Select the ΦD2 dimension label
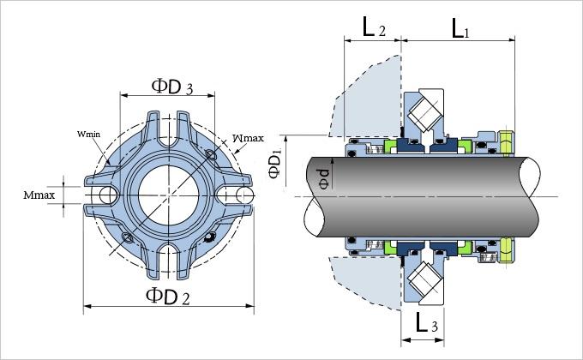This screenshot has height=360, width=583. pyautogui.click(x=167, y=296)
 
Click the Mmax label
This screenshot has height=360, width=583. pyautogui.click(x=39, y=195)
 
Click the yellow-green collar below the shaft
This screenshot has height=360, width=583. pyautogui.click(x=506, y=249)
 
